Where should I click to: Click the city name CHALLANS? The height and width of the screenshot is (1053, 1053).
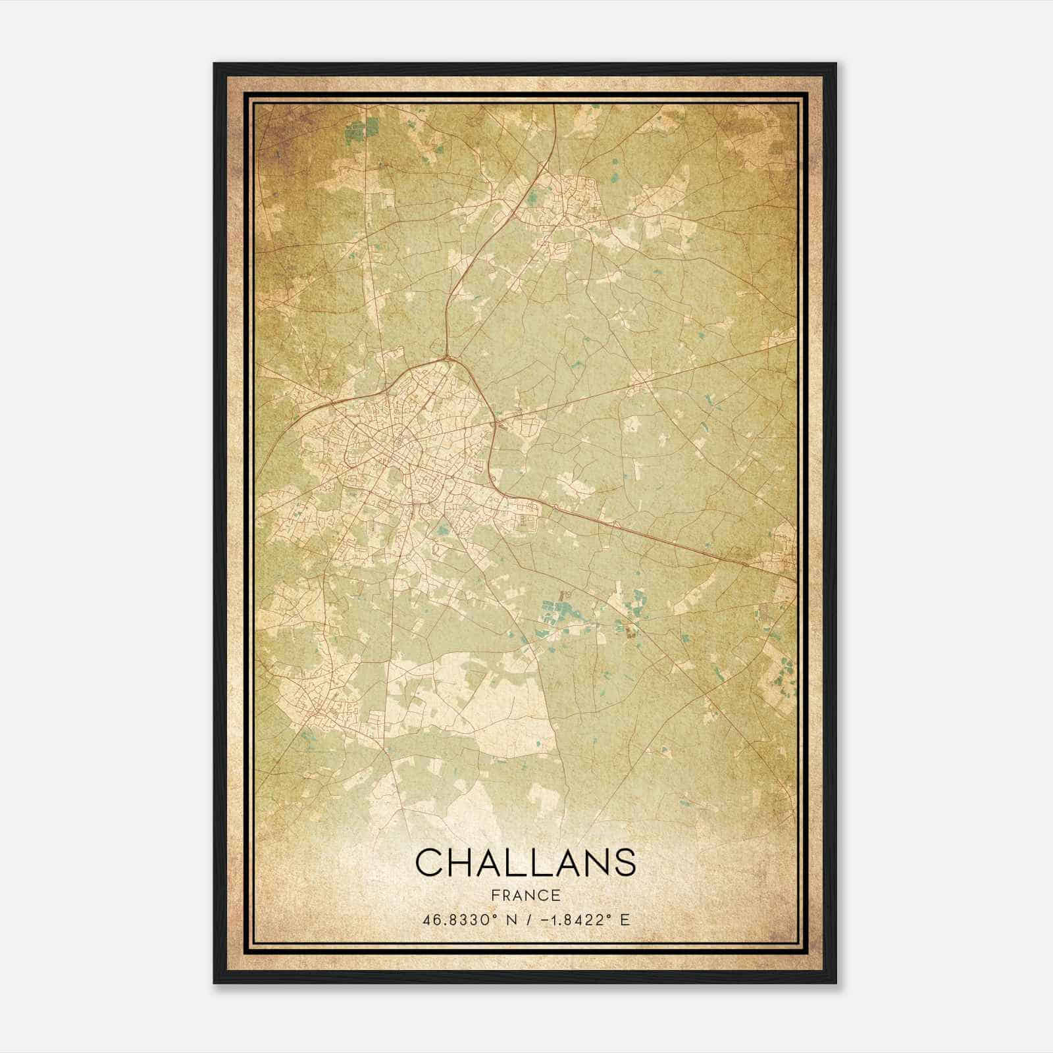(525, 862)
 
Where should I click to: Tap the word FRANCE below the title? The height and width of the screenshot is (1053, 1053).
(525, 896)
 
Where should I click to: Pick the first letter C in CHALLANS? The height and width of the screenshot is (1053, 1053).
(430, 862)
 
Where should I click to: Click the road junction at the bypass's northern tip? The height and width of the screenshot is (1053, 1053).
(448, 357)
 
